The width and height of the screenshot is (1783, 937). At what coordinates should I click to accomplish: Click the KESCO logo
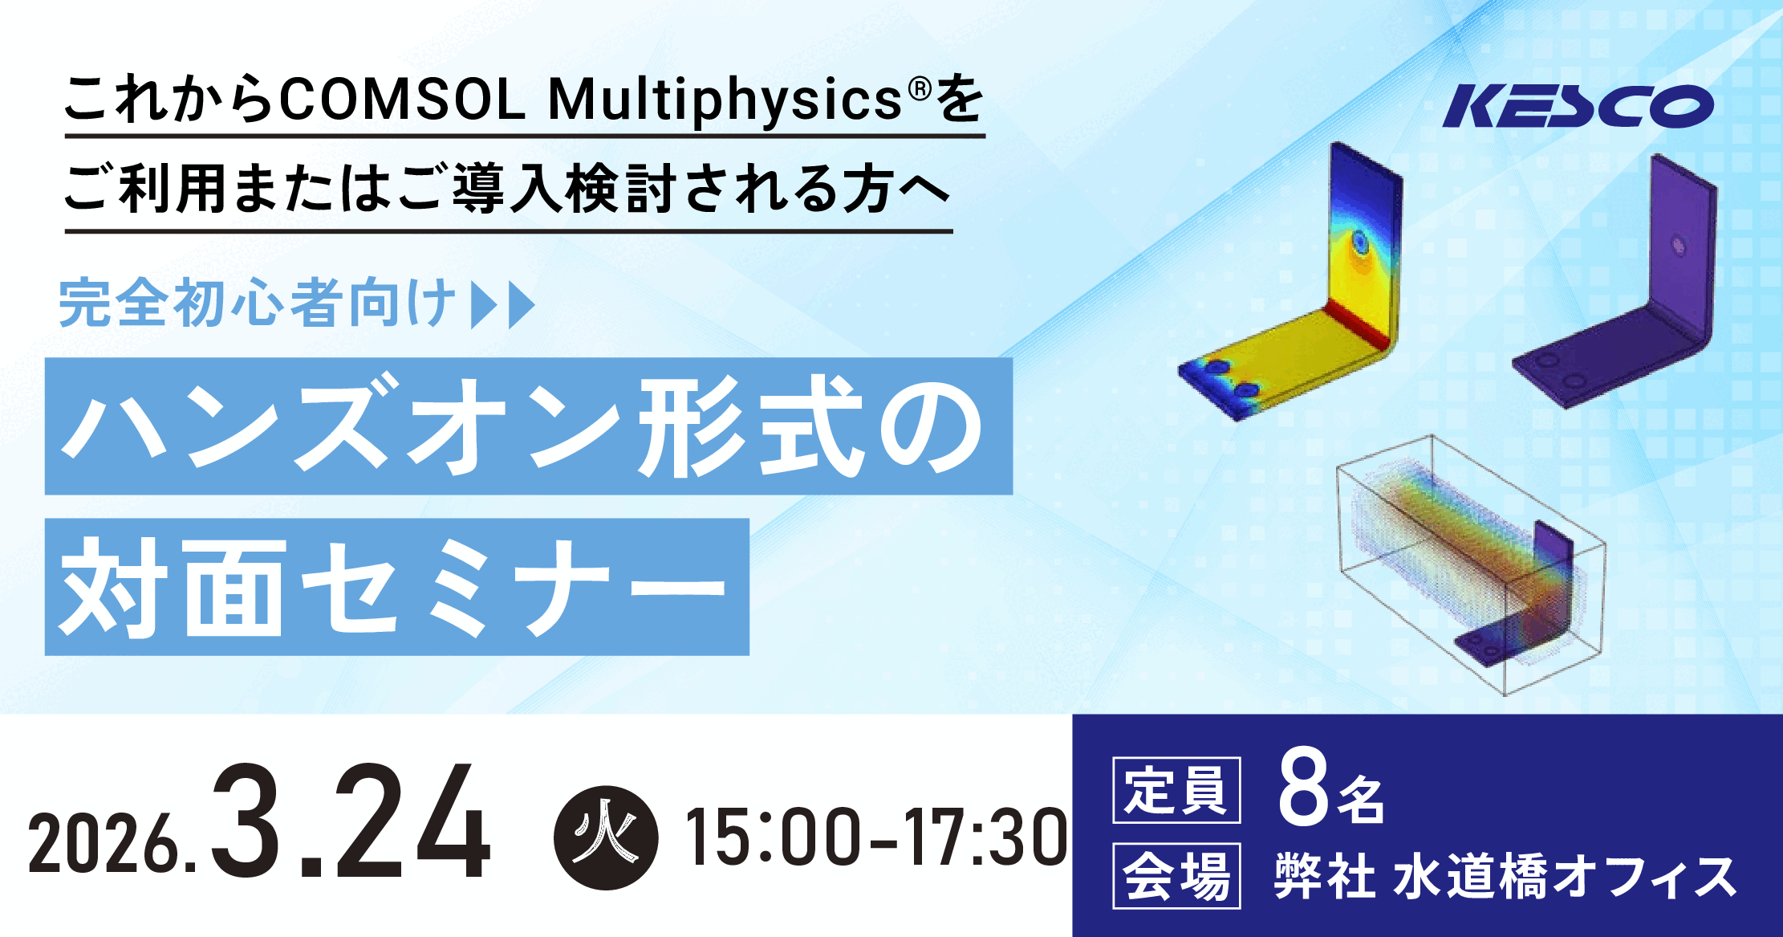pyautogui.click(x=1578, y=106)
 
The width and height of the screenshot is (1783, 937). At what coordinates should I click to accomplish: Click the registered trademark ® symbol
pyautogui.click(x=920, y=88)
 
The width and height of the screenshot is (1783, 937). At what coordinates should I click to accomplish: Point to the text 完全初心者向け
pyautogui.click(x=257, y=303)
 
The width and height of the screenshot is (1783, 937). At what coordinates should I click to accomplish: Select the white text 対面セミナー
pyautogui.click(x=392, y=587)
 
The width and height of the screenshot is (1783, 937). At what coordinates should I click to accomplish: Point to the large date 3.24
pyautogui.click(x=350, y=821)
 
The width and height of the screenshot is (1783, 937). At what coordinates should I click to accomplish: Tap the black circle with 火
pyautogui.click(x=606, y=837)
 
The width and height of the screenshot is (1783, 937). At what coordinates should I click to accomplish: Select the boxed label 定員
pyautogui.click(x=1176, y=790)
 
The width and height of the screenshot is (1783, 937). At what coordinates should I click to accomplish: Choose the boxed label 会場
pyautogui.click(x=1176, y=876)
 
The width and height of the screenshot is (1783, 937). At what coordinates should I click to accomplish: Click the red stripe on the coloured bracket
pyautogui.click(x=1357, y=324)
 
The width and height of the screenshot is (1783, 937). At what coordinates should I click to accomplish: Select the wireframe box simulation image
pyautogui.click(x=1471, y=565)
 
